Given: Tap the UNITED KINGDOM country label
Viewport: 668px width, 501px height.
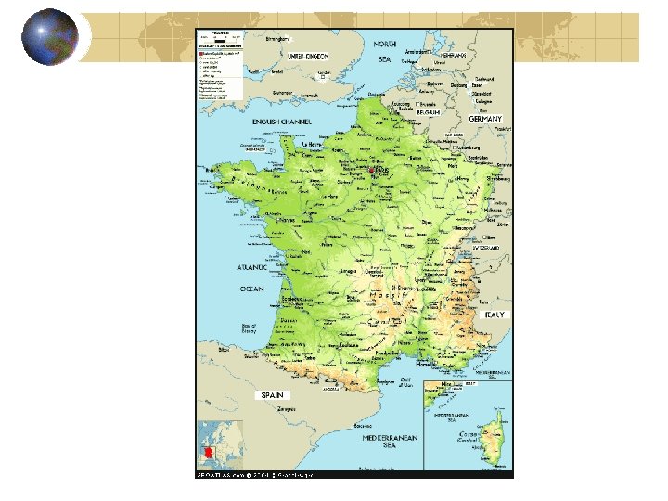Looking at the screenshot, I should pos(308,57).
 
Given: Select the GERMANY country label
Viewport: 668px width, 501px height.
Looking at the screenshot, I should pos(485,120).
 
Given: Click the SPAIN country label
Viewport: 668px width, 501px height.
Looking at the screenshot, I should pos(272,394).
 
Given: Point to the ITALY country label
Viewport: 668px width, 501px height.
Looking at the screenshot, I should pos(495,315).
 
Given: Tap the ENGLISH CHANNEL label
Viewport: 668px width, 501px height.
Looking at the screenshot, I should pos(282,122).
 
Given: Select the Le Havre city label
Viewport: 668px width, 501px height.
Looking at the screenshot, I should pos(316,145).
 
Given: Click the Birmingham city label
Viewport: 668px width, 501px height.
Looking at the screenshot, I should pos(278,39).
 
